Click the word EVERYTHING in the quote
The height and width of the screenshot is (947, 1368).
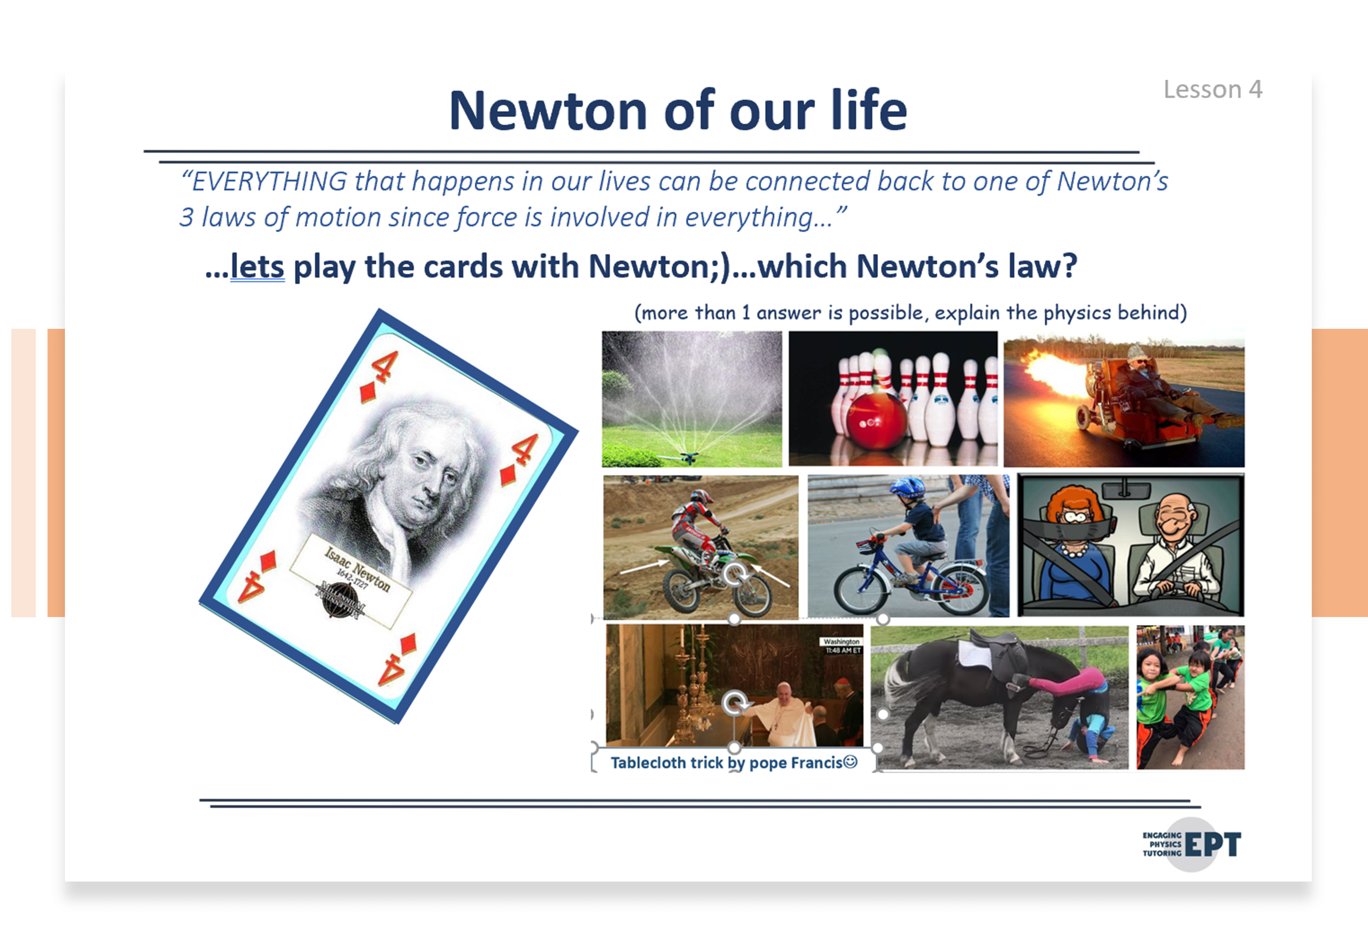pos(270,181)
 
